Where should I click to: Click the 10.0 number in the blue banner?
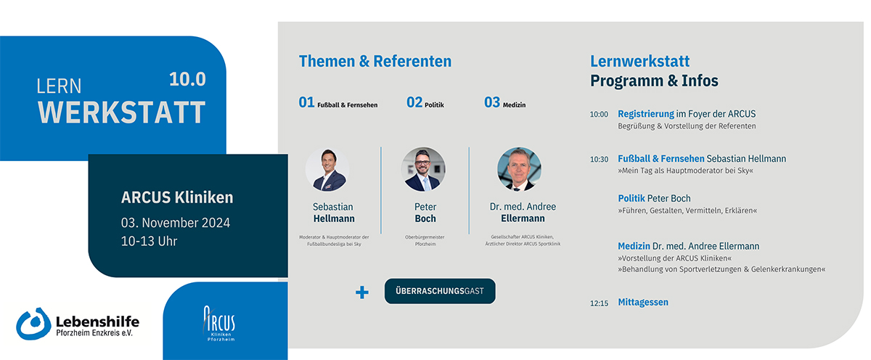(187, 79)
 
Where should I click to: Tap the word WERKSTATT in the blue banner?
(122, 112)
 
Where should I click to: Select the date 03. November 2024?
(176, 223)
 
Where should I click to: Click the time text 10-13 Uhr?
(149, 242)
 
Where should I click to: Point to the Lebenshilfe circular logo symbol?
(33, 324)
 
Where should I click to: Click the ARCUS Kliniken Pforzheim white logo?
(220, 324)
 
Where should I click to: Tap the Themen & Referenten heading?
(375, 61)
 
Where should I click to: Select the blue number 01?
(306, 102)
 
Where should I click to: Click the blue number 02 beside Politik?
(414, 102)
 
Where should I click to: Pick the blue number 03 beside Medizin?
(492, 102)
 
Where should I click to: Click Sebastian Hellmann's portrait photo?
(327, 169)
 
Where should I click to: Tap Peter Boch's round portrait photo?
(423, 169)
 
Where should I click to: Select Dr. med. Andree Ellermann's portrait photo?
(519, 169)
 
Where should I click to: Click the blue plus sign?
(362, 292)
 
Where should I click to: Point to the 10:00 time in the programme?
(599, 114)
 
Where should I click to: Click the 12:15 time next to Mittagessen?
(599, 303)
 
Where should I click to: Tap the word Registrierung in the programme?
(646, 114)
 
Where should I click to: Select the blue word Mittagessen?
(643, 302)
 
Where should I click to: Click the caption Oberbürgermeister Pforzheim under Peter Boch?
(425, 241)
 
